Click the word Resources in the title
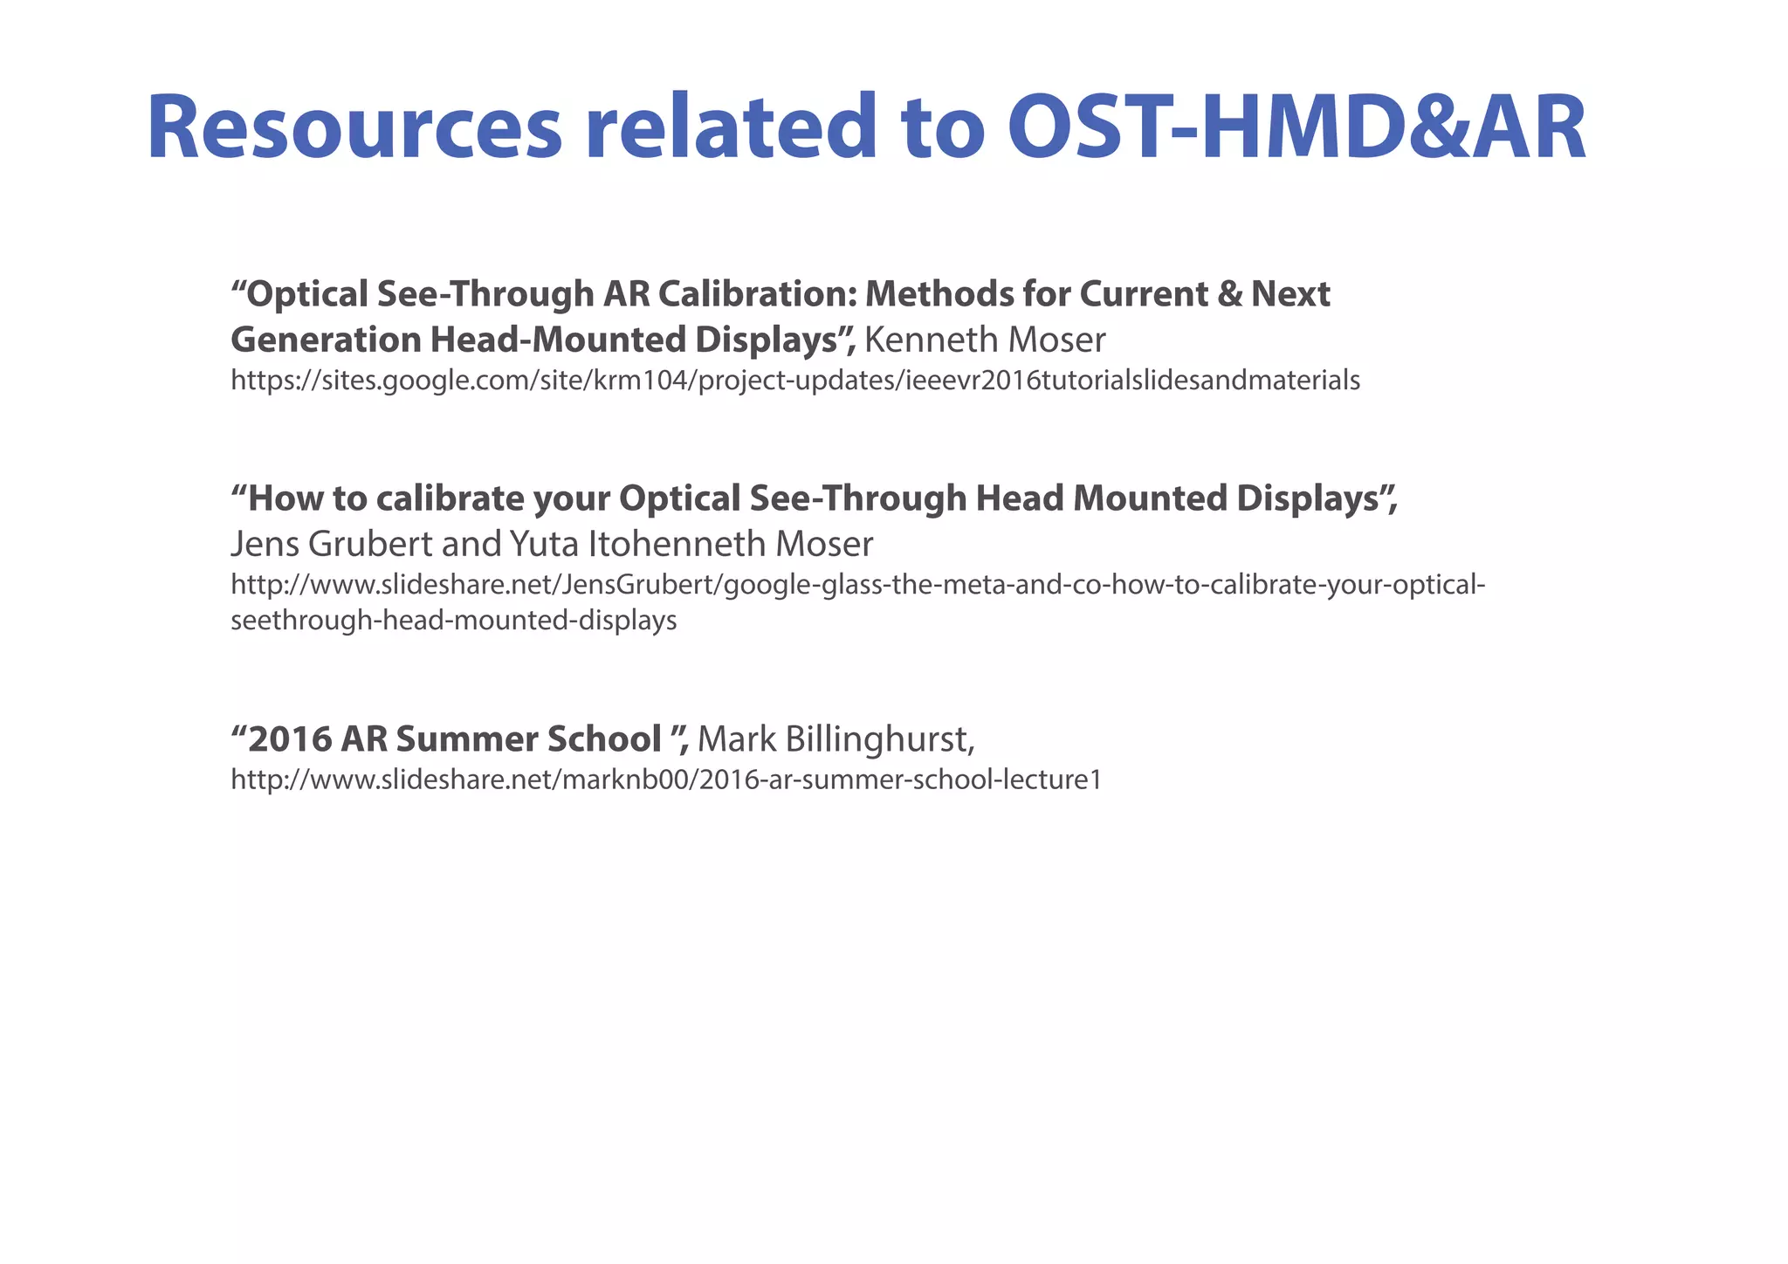click(x=354, y=128)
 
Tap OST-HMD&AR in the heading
click(x=1296, y=128)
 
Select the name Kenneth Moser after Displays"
click(x=984, y=340)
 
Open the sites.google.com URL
click(x=794, y=381)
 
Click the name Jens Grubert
click(x=331, y=544)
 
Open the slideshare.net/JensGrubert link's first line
click(x=857, y=584)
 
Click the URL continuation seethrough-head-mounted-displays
click(x=453, y=621)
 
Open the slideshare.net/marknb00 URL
click(x=665, y=780)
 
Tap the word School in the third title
click(x=603, y=739)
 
